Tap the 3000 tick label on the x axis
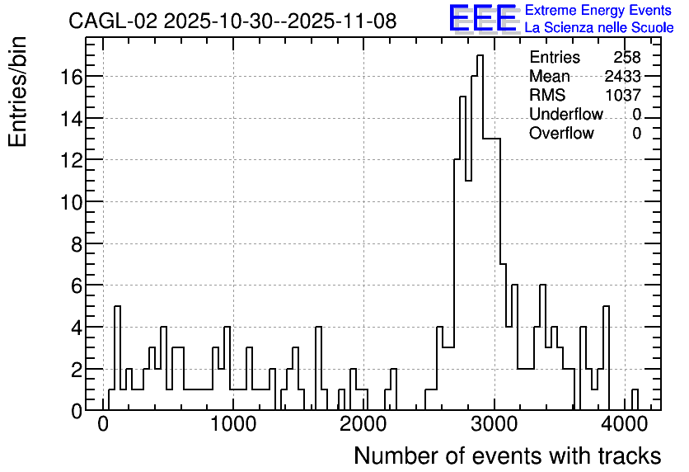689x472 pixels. (x=494, y=424)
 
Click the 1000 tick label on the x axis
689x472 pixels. (x=233, y=424)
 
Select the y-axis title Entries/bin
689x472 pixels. (x=17, y=92)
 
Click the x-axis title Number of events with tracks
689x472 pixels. (x=508, y=455)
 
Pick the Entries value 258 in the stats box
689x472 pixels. (x=627, y=57)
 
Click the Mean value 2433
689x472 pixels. (x=622, y=76)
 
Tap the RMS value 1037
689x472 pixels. (x=623, y=95)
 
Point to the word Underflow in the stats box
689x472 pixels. (x=566, y=114)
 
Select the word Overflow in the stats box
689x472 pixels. (x=561, y=133)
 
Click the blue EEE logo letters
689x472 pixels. (x=483, y=19)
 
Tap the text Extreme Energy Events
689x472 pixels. (x=598, y=10)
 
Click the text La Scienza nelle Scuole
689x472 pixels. (x=599, y=28)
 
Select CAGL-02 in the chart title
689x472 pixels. (x=112, y=21)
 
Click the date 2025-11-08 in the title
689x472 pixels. (x=342, y=21)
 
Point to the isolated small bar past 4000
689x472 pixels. (x=635, y=399)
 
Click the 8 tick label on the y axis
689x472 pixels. (x=77, y=244)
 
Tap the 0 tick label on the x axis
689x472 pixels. (x=103, y=424)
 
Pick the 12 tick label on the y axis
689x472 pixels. (x=71, y=161)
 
